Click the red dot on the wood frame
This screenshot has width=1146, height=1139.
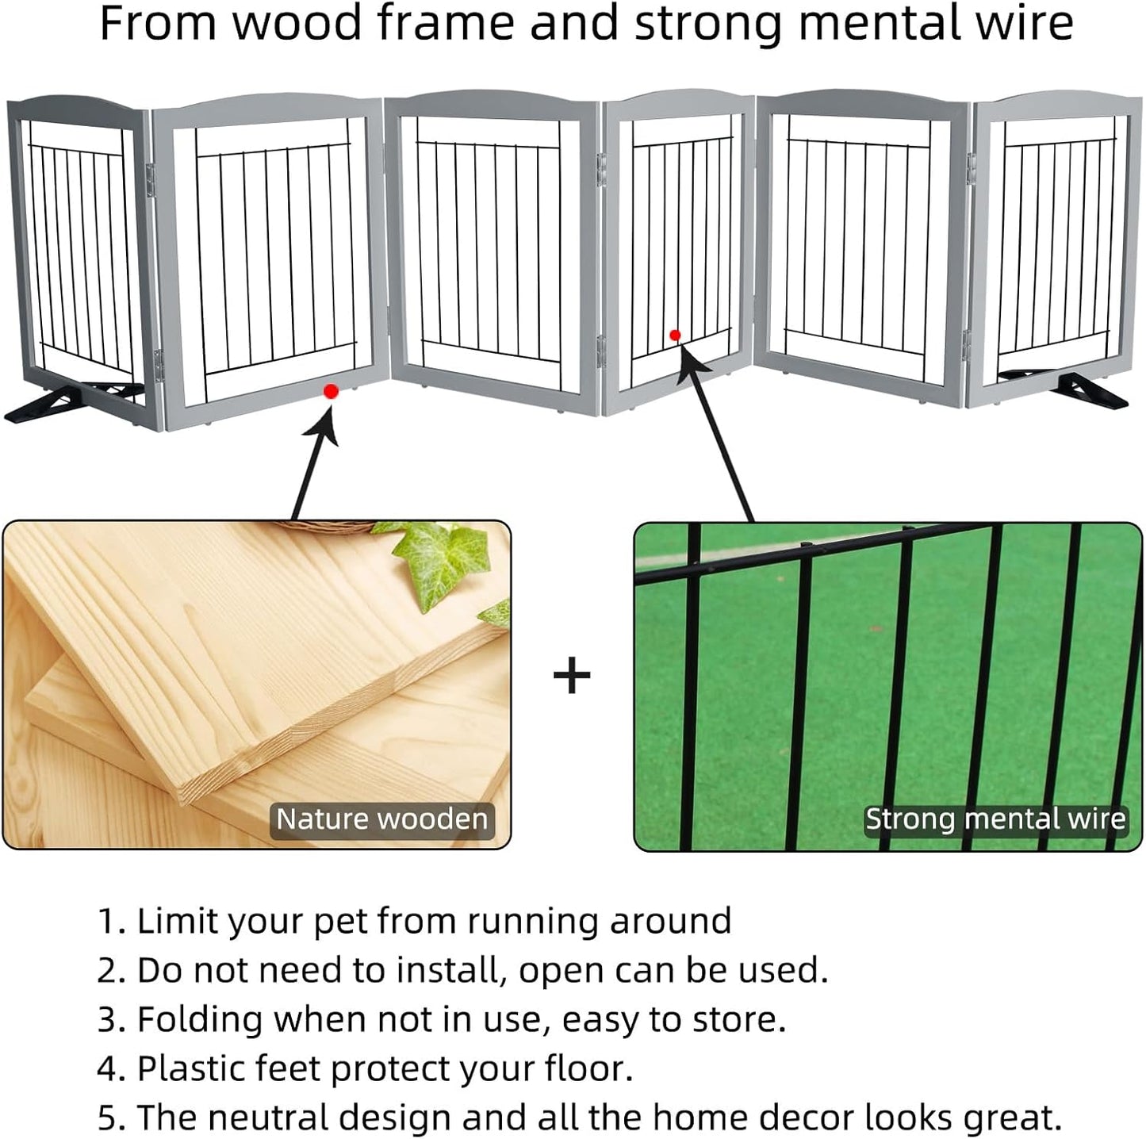(x=331, y=392)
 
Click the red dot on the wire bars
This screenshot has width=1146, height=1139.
(x=675, y=336)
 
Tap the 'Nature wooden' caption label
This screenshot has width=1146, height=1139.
(x=381, y=819)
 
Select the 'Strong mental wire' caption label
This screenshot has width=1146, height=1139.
(x=995, y=819)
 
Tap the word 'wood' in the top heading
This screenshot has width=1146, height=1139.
(x=297, y=24)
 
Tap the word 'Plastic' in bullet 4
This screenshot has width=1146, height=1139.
(x=191, y=1069)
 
